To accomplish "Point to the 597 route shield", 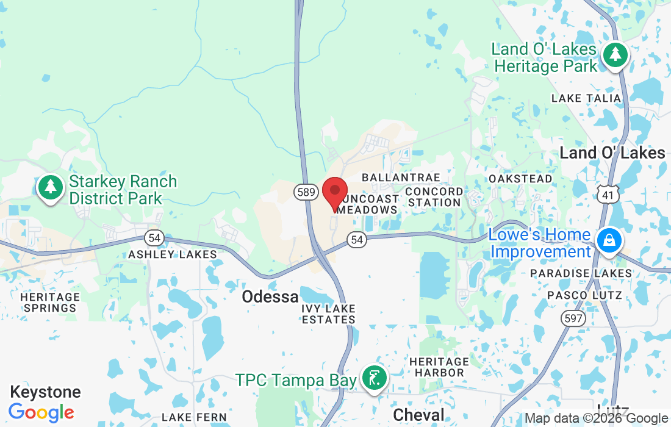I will point(575,318).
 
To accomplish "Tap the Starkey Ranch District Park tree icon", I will point(51,187).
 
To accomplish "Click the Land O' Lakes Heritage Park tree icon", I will point(615,55).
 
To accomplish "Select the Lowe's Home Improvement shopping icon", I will point(609,240).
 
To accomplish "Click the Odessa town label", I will point(270,297).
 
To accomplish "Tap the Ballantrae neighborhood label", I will point(401,178).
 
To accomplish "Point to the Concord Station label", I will point(434,197).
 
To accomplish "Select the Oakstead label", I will point(520,179).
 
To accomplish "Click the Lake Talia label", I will point(586,98).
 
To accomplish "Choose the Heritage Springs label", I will point(50,302).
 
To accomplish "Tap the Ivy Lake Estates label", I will point(328,314).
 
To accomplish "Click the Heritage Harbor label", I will point(439,367).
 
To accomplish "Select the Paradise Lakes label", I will point(581,273).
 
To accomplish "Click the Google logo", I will point(41,412).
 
